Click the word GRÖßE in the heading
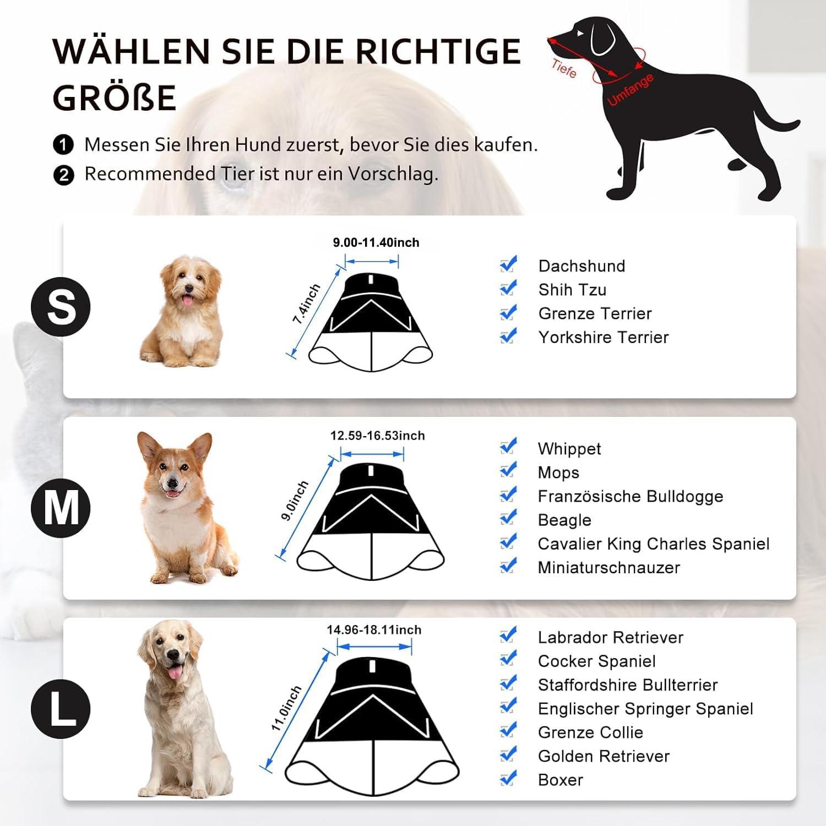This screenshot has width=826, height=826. click(x=115, y=97)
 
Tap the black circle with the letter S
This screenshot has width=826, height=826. click(x=61, y=307)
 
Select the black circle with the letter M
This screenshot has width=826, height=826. click(x=61, y=508)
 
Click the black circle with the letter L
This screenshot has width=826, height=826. click(x=61, y=708)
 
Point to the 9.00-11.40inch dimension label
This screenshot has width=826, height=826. click(x=376, y=242)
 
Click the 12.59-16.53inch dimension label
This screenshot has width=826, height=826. click(x=378, y=436)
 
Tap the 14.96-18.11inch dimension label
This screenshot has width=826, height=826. click(x=374, y=629)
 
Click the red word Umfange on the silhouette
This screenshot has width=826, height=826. click(x=631, y=90)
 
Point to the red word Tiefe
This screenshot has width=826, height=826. click(x=564, y=68)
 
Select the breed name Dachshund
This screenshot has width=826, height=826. click(x=582, y=266)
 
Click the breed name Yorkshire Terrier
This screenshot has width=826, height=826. click(x=604, y=337)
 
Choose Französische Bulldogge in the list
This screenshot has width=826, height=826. click(x=631, y=496)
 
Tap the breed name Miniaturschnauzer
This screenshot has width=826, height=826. click(x=609, y=567)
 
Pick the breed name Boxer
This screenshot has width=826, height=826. click(x=561, y=780)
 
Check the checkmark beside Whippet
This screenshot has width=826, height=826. click(x=508, y=446)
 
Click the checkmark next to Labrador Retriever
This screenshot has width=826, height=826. click(x=508, y=635)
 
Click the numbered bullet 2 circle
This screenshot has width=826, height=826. click(x=64, y=175)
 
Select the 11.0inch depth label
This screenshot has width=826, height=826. click(x=286, y=709)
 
